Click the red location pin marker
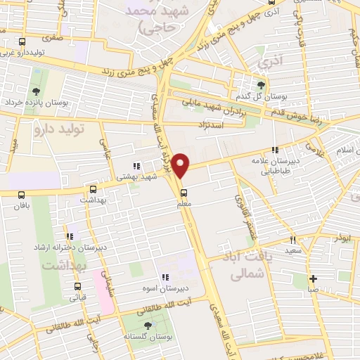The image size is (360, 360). [182, 165]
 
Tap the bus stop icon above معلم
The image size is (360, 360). [184, 193]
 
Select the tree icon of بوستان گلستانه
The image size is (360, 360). [147, 326]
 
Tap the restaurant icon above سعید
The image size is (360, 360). [293, 240]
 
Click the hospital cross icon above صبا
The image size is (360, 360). [313, 278]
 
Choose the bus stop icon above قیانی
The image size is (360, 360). [77, 286]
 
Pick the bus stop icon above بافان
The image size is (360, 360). [20, 195]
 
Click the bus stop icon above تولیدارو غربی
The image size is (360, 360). [22, 42]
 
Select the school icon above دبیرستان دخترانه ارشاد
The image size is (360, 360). [70, 237]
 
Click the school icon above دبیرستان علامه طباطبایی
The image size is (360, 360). [276, 150]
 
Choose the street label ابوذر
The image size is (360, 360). [342, 237]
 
